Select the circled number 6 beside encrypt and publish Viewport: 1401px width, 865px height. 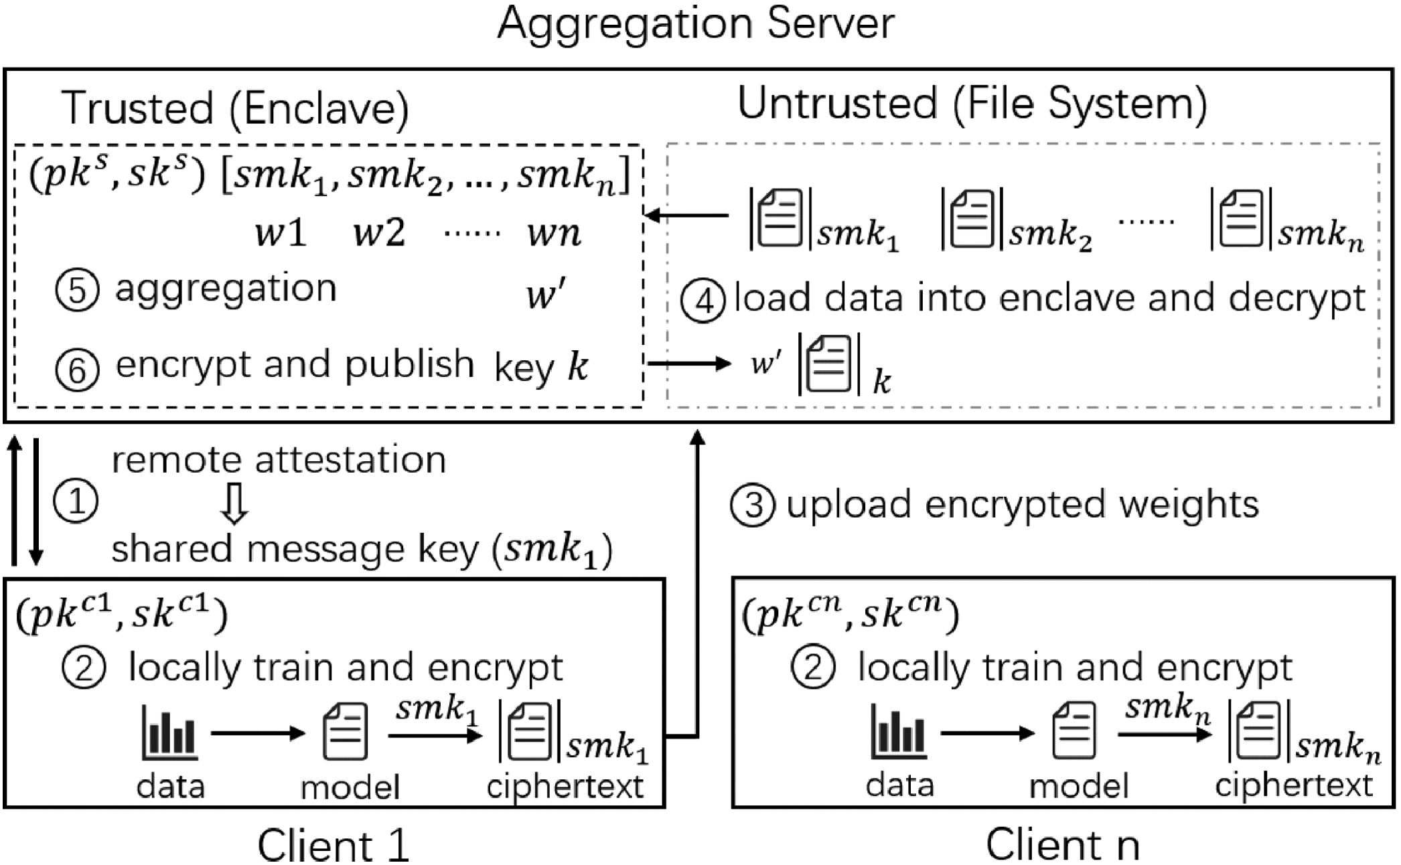pyautogui.click(x=77, y=369)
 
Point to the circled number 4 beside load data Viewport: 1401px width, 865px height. pyautogui.click(x=703, y=301)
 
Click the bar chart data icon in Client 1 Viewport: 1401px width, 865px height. pyautogui.click(x=169, y=732)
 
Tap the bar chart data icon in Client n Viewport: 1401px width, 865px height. pyautogui.click(x=899, y=732)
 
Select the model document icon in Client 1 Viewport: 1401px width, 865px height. pyautogui.click(x=345, y=731)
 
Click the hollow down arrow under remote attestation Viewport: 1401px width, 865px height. pyautogui.click(x=234, y=504)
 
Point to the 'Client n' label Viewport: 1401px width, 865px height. pyautogui.click(x=1062, y=845)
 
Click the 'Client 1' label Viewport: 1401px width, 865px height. pyautogui.click(x=333, y=845)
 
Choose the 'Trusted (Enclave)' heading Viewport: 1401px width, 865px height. pyautogui.click(x=235, y=108)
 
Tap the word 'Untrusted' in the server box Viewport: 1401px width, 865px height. pyautogui.click(x=837, y=104)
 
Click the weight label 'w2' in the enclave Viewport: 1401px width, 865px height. pyautogui.click(x=379, y=234)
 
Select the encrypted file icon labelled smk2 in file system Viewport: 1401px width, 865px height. pyautogui.click(x=971, y=219)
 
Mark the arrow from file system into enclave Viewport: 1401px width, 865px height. pyautogui.click(x=686, y=216)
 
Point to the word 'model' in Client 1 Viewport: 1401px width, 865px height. pyautogui.click(x=350, y=787)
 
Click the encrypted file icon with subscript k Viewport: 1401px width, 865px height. pyautogui.click(x=829, y=364)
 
